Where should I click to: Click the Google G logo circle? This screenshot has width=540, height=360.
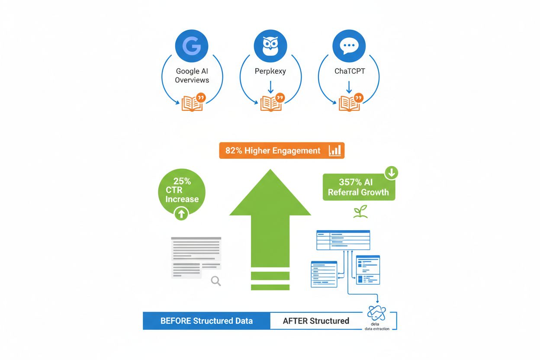coord(192,46)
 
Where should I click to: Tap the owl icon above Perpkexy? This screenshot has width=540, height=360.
coord(270,46)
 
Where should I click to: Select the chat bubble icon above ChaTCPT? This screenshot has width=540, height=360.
coord(349,46)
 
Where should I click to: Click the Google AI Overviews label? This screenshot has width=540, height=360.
coord(192,76)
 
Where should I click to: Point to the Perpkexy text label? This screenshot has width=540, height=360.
coord(270,71)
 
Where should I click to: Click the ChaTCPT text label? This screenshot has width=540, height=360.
coord(349,71)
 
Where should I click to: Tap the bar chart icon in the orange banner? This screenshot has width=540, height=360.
coord(335,151)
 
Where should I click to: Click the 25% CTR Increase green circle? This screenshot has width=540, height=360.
coord(182,190)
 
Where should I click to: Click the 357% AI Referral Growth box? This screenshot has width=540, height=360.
coord(358,187)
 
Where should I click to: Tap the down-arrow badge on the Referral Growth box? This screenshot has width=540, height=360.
coord(391,173)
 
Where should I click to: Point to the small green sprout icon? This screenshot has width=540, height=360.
coord(360,212)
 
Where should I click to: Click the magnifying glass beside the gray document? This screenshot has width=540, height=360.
coord(215,281)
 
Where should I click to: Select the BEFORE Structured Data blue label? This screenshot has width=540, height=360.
coord(206,321)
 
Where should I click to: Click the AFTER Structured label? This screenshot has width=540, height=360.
coord(316,321)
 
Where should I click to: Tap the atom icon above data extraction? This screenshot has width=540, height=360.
coord(376,312)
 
